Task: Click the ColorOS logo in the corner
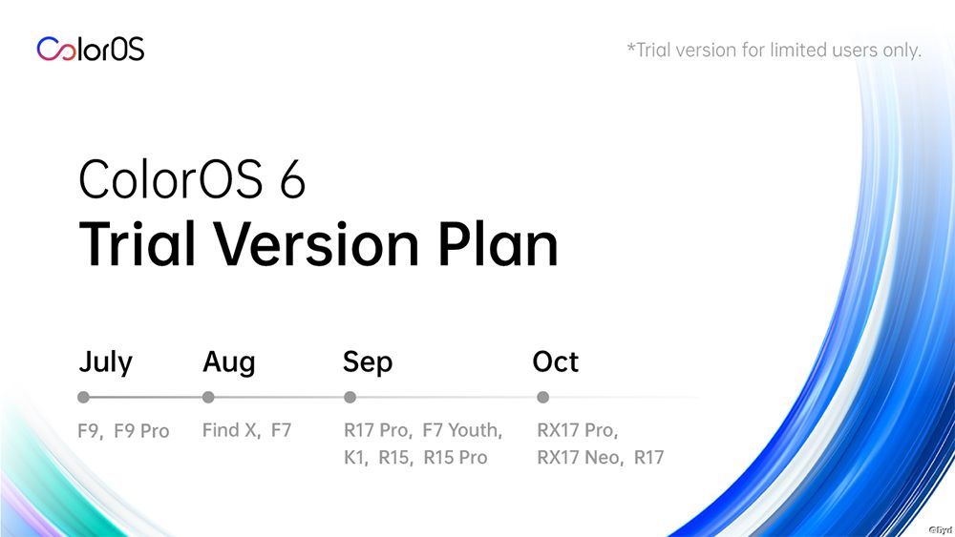click(91, 49)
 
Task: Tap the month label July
click(105, 362)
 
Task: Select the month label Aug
click(229, 362)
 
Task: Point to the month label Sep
click(368, 362)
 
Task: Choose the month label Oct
click(556, 362)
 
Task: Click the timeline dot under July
click(83, 397)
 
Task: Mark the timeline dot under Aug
click(208, 397)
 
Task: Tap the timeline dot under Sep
click(350, 397)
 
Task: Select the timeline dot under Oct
click(543, 397)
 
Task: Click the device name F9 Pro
click(141, 431)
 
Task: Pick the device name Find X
click(229, 431)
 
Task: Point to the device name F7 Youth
click(462, 431)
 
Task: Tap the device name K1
click(354, 458)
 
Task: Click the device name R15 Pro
click(456, 458)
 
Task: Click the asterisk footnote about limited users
click(774, 50)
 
